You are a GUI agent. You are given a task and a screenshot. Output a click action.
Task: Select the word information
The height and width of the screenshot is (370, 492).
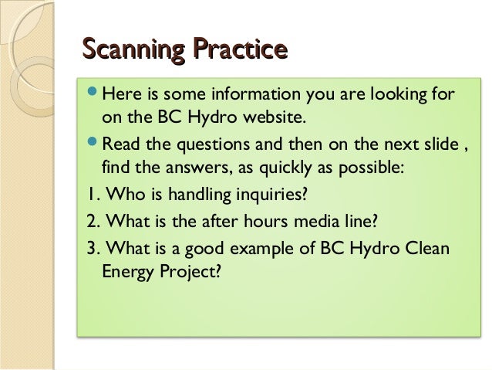coord(240,95)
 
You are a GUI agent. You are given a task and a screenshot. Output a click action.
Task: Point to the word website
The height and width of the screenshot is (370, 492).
coord(276,120)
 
